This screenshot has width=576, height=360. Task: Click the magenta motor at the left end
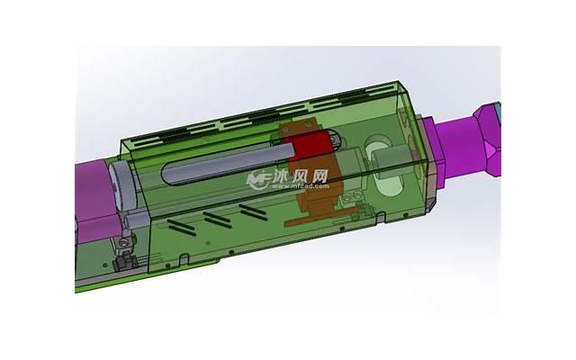coord(90,193)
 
